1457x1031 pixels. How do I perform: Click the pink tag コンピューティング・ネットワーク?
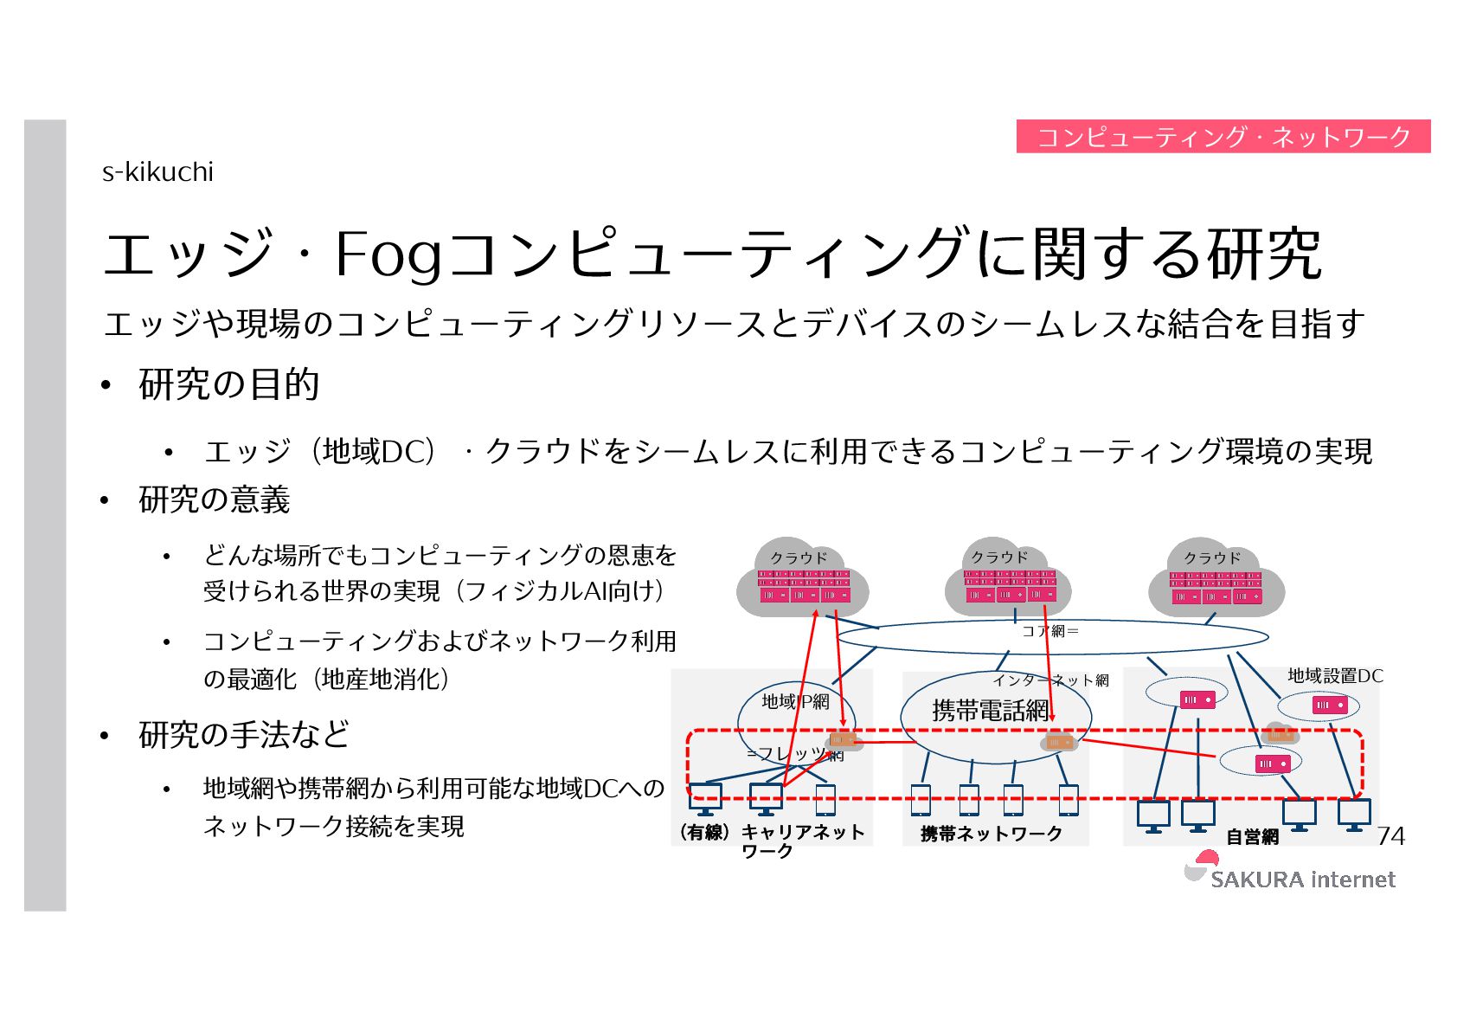pyautogui.click(x=1223, y=137)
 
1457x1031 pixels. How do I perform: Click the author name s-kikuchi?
pyautogui.click(x=157, y=172)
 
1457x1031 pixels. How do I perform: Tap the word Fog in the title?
pyautogui.click(x=388, y=255)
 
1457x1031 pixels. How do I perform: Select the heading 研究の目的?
pyautogui.click(x=228, y=384)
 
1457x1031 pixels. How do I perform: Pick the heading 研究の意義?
pyautogui.click(x=214, y=500)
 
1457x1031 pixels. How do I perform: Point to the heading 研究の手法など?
pyautogui.click(x=243, y=734)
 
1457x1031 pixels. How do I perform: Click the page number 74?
pyautogui.click(x=1390, y=835)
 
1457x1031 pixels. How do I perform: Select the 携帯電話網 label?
pyautogui.click(x=990, y=711)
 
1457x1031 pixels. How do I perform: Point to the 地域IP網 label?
pyautogui.click(x=795, y=701)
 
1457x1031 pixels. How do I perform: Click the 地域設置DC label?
pyautogui.click(x=1334, y=676)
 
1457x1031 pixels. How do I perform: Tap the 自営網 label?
pyautogui.click(x=1252, y=836)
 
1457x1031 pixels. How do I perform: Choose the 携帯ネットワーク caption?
pyautogui.click(x=992, y=834)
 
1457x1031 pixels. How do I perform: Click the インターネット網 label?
pyautogui.click(x=1050, y=680)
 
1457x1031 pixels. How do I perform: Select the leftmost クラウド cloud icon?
pyautogui.click(x=801, y=578)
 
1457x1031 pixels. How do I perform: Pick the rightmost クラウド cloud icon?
pyautogui.click(x=1216, y=578)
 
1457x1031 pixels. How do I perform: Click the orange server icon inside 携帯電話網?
pyautogui.click(x=1058, y=742)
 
